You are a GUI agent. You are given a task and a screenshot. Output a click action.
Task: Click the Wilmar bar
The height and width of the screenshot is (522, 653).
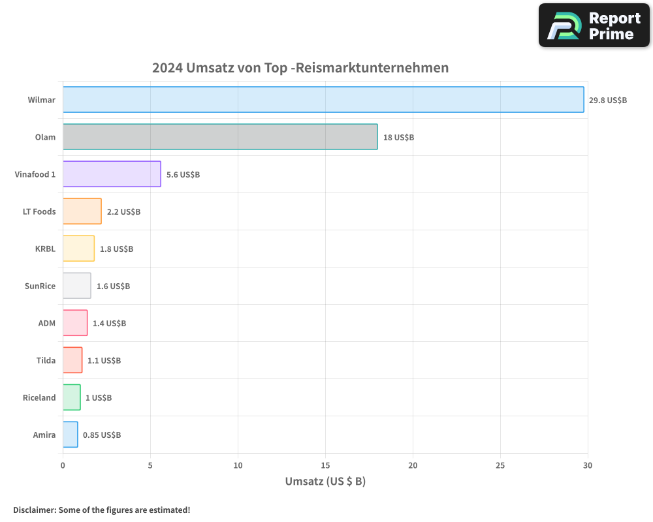click(x=323, y=100)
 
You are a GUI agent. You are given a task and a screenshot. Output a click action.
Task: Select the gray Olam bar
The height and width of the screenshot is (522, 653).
click(x=220, y=137)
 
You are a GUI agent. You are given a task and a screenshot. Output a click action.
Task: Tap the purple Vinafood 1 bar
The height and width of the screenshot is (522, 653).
click(x=112, y=174)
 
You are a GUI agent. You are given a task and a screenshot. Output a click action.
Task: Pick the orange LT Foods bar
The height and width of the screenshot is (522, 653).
click(x=82, y=211)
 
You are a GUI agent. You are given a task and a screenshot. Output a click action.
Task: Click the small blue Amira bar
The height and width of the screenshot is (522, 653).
click(x=71, y=435)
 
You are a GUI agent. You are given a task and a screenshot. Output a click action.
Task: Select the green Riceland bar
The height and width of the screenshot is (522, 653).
click(x=72, y=397)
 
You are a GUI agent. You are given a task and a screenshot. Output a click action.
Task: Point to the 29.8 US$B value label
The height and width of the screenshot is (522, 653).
click(x=607, y=100)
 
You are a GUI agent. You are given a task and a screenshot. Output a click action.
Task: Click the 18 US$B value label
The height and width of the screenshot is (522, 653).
click(x=398, y=137)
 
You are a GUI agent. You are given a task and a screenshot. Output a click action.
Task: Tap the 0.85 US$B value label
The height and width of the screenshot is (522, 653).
click(x=102, y=435)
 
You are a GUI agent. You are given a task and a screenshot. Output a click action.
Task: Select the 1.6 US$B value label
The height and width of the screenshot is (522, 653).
click(x=113, y=286)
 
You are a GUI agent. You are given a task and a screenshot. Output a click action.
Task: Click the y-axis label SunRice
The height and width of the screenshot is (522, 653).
click(x=40, y=286)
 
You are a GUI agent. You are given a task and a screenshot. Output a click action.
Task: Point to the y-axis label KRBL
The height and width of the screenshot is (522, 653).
click(x=45, y=249)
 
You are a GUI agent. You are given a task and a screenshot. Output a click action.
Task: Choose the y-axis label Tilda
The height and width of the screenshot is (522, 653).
click(x=46, y=360)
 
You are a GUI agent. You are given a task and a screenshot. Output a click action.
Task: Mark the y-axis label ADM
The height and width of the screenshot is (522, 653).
click(x=47, y=323)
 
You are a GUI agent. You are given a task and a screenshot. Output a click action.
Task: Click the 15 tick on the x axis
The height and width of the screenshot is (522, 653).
click(x=325, y=465)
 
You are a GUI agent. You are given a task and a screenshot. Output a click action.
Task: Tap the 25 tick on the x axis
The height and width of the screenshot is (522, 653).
click(x=500, y=465)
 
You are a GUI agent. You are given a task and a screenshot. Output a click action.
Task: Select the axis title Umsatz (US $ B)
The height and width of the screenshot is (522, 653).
click(x=325, y=482)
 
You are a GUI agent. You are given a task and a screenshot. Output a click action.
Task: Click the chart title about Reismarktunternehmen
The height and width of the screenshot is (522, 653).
click(x=300, y=68)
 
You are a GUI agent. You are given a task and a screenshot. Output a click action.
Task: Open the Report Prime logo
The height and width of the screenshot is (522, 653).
click(x=594, y=25)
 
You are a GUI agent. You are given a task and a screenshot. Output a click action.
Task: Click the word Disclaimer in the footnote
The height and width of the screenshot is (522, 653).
click(x=34, y=510)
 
